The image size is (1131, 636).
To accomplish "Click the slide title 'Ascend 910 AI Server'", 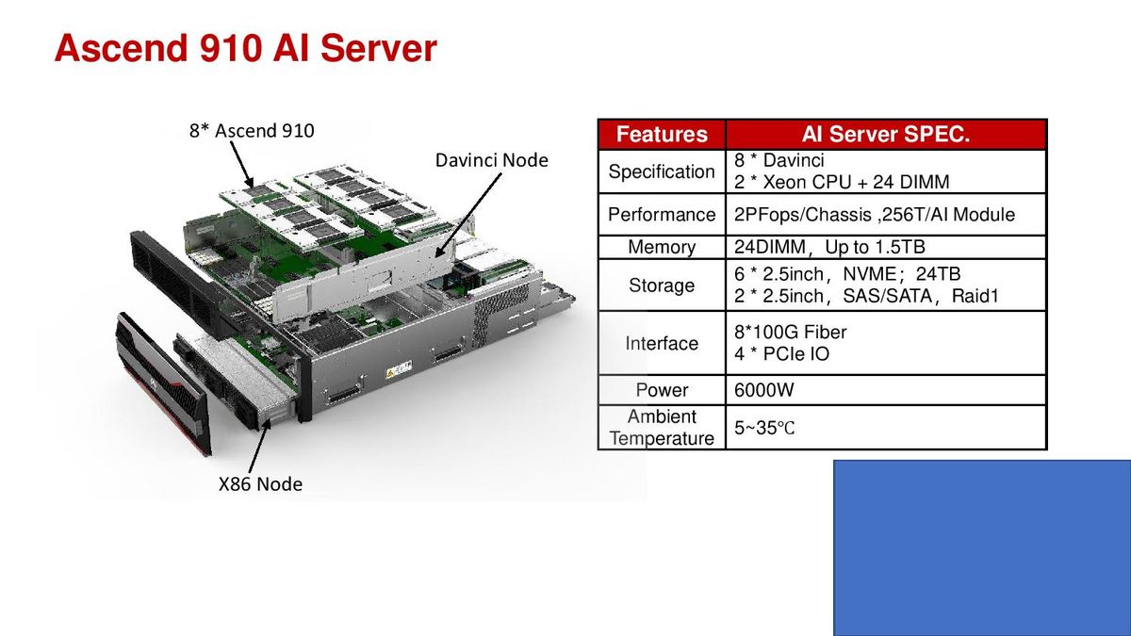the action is point(245,48).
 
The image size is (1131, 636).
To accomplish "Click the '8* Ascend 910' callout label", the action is point(252,131).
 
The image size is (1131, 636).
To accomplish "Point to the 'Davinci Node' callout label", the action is point(491,160).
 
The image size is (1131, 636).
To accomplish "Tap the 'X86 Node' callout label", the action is point(260,484).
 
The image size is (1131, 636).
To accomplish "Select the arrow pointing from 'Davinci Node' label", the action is point(468,216).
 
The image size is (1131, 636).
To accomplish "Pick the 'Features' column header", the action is point(662,134).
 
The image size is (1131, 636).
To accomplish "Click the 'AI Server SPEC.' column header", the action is point(886,134).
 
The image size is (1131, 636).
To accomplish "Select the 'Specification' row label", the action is point(662,171).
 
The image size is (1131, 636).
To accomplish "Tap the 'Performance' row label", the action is point(662,215).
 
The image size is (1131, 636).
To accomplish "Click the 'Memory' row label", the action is point(662,247).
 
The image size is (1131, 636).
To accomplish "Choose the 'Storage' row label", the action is point(662,285).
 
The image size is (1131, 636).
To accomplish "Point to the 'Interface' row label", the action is point(662,343).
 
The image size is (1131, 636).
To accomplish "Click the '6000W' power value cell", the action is point(763,390).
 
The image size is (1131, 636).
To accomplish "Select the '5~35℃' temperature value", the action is point(764,428).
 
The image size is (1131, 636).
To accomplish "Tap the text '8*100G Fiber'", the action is point(790,332).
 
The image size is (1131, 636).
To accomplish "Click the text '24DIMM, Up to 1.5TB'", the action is point(829,247).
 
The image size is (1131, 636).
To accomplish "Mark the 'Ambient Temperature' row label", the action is point(662,428).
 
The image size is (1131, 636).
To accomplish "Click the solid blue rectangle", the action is point(982,547).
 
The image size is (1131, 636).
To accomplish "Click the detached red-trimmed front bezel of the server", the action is point(163,383).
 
